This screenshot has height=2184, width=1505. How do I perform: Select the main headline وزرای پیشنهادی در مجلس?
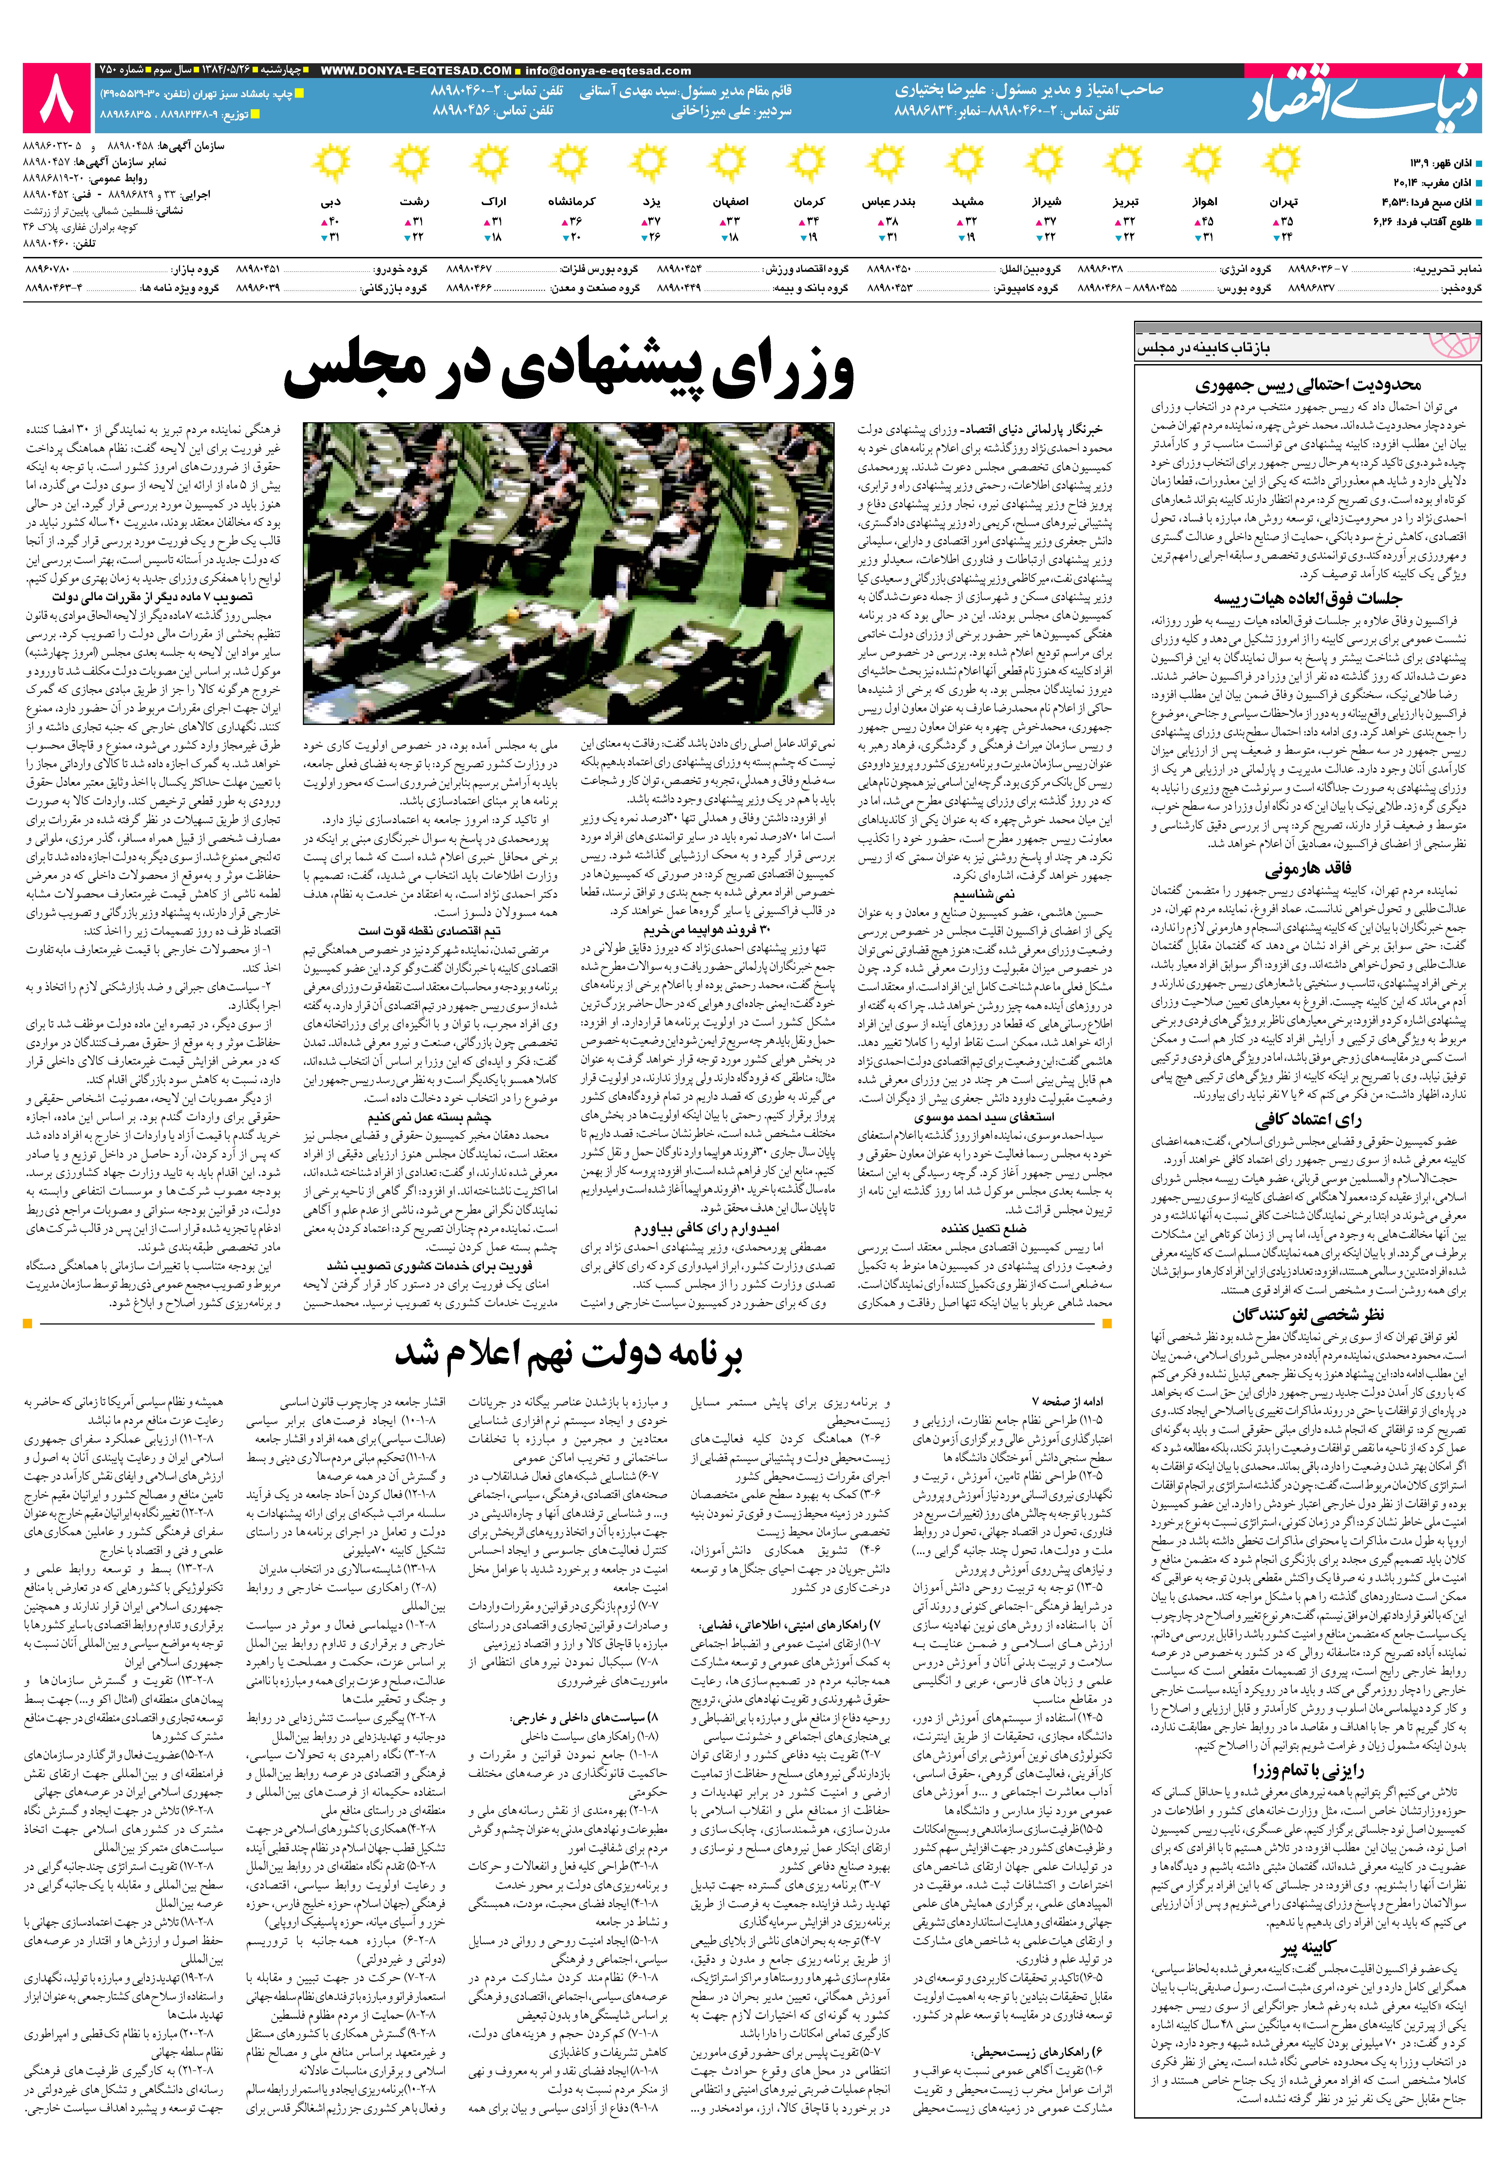tap(569, 371)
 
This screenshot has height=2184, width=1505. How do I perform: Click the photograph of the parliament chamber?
tap(569, 573)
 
